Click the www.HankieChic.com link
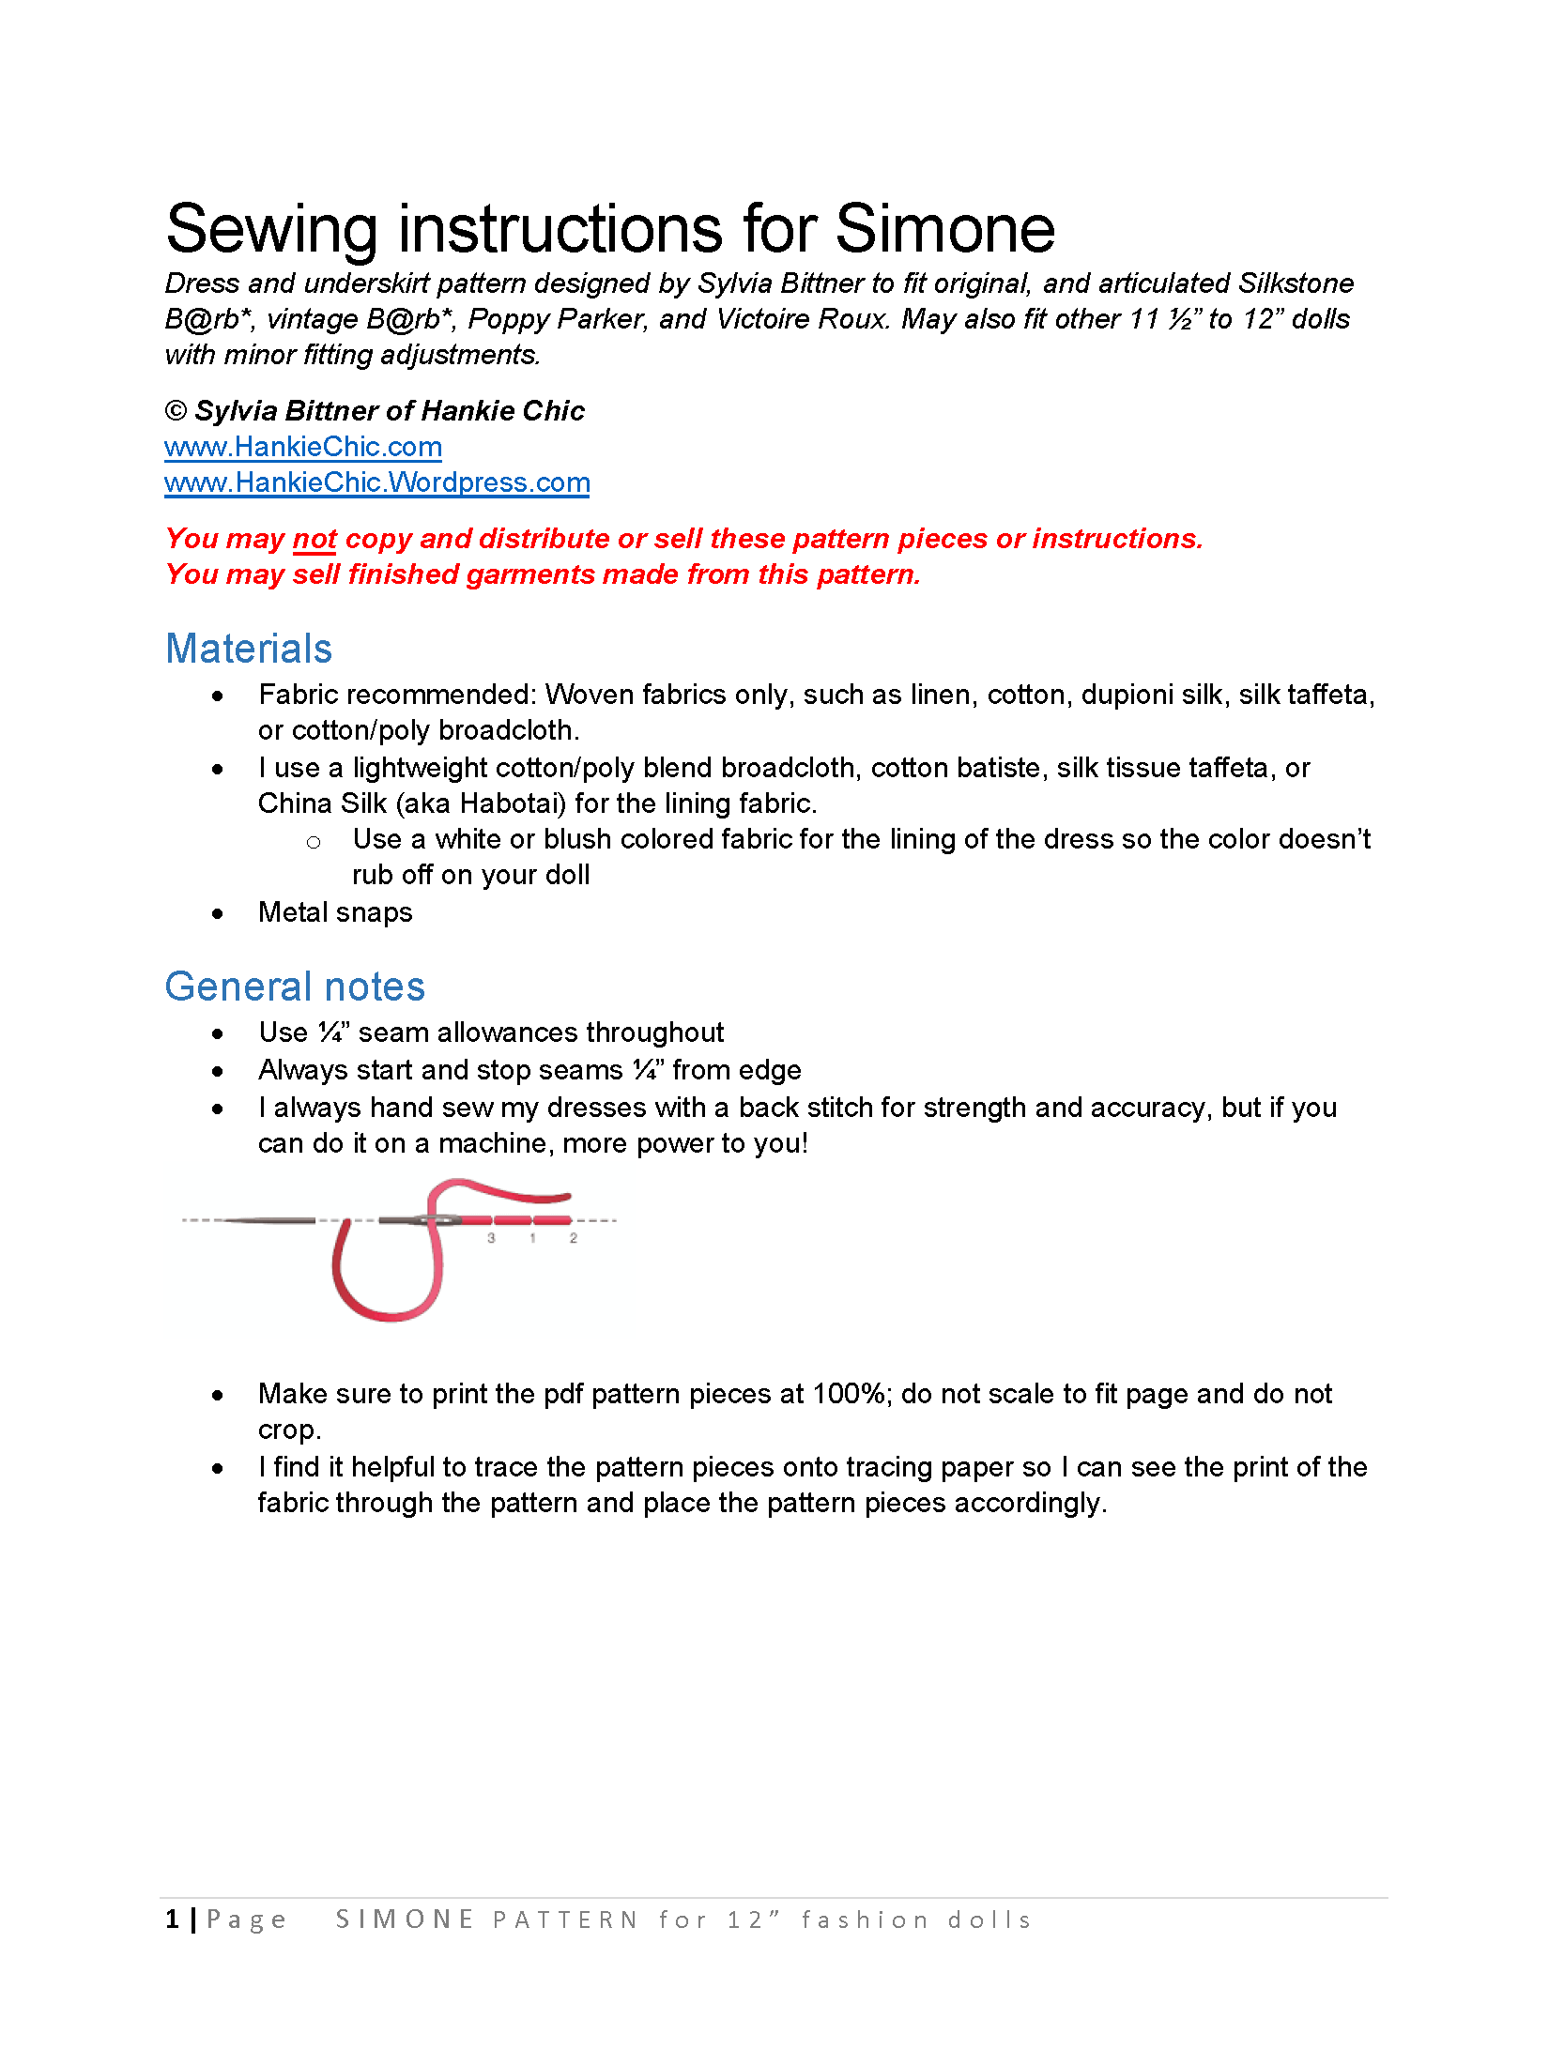pos(302,447)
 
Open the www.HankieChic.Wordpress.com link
pos(376,482)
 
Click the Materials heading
pos(249,649)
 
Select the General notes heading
pos(295,987)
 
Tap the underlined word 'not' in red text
pos(314,539)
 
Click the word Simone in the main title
pos(944,229)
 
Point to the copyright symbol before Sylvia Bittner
pos(176,411)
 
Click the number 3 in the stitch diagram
pos(491,1238)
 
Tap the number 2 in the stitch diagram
pos(574,1238)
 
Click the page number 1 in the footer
pos(173,1920)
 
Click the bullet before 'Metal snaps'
pos(218,913)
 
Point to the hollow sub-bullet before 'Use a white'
pos(314,842)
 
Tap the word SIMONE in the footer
pos(405,1920)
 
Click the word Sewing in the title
pos(271,229)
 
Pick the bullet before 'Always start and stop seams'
pos(218,1071)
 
